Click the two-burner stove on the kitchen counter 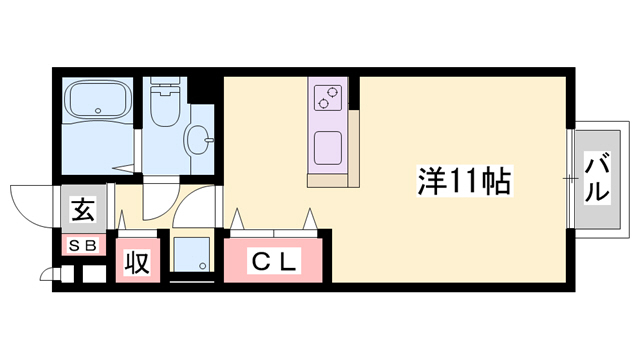[x=328, y=98]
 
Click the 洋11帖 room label [x=464, y=181]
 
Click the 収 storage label [x=136, y=264]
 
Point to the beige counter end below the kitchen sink [x=331, y=180]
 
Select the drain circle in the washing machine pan [x=202, y=266]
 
